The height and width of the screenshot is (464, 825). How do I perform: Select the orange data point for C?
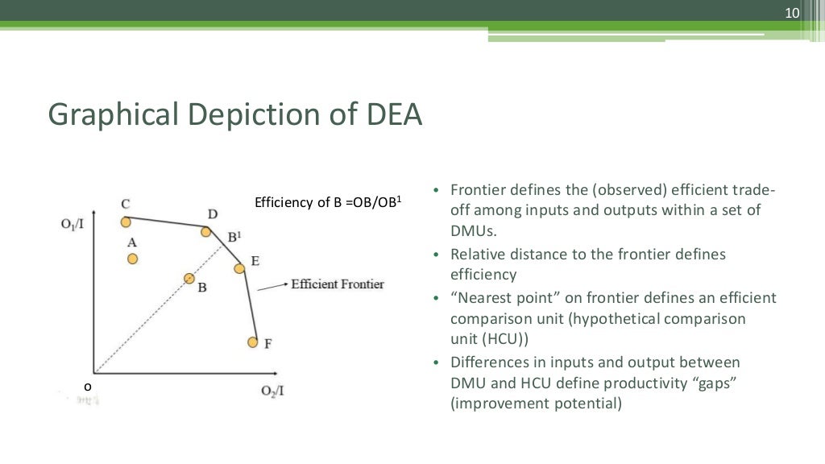coord(126,222)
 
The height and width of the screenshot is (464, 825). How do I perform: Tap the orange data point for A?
coord(132,259)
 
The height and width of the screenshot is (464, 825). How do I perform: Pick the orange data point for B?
coord(189,278)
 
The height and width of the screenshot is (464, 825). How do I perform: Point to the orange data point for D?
coord(206,232)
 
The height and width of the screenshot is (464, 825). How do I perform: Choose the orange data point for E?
coord(239,268)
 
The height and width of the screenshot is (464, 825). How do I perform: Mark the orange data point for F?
coord(252,342)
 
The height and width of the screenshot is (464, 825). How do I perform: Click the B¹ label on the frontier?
coord(234,237)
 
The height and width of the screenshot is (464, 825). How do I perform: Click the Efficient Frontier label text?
coord(338,284)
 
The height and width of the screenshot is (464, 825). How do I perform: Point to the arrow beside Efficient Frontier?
coord(273,284)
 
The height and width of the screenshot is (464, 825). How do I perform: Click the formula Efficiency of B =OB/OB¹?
coord(327,202)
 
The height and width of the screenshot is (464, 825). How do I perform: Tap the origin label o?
coord(88,387)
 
